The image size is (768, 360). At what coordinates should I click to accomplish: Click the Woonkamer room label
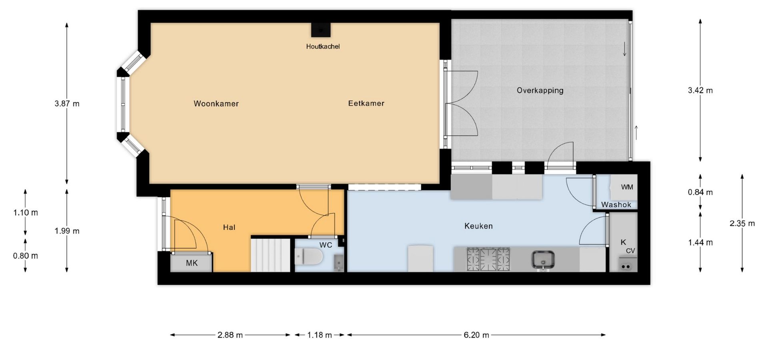(216, 104)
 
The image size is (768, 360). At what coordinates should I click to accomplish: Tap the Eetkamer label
(366, 103)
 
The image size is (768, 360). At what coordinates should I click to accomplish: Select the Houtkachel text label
(323, 46)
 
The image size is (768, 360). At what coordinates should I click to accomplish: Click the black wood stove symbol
(321, 30)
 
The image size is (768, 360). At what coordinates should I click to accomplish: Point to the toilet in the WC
(308, 256)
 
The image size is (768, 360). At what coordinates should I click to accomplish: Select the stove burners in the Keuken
(488, 259)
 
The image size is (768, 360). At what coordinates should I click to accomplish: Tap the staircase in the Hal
(270, 255)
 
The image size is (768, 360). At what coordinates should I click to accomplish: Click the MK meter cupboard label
(192, 263)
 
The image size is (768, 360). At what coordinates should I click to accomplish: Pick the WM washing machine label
(627, 187)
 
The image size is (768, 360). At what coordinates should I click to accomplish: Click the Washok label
(616, 204)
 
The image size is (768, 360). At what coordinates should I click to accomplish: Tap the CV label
(630, 251)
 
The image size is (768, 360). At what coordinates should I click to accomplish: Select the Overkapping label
(540, 90)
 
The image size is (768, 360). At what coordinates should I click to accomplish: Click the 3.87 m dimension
(67, 104)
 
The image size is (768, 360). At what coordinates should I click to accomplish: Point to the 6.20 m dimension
(476, 335)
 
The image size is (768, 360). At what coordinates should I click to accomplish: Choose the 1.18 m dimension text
(320, 335)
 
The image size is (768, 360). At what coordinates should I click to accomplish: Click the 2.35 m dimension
(742, 224)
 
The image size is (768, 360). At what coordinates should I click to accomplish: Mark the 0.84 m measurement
(700, 192)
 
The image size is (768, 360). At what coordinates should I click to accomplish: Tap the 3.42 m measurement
(700, 90)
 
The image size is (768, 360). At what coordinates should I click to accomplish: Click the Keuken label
(478, 226)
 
